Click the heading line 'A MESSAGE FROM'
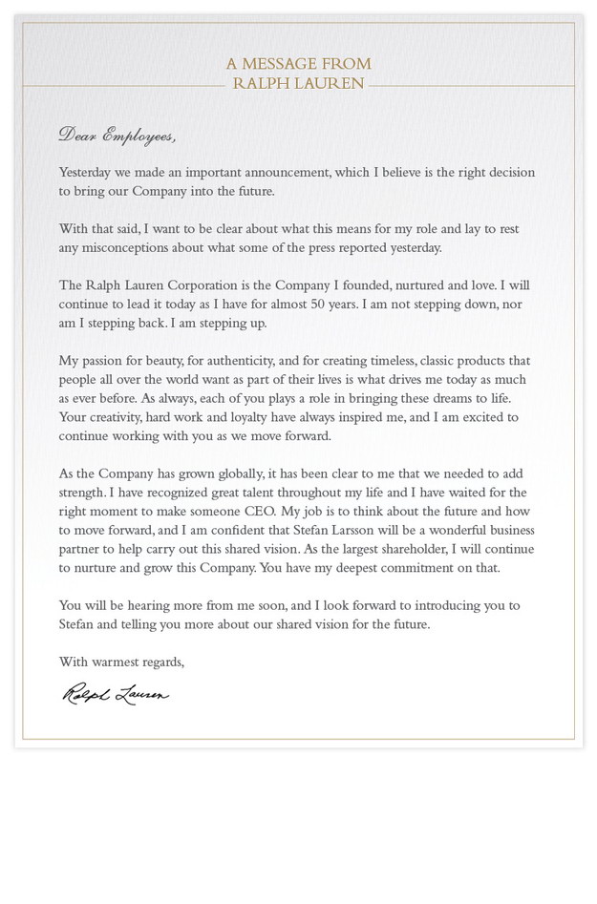pyautogui.click(x=298, y=64)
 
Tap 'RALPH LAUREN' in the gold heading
pyautogui.click(x=298, y=84)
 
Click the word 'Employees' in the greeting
pyautogui.click(x=139, y=136)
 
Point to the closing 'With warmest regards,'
pyautogui.click(x=121, y=662)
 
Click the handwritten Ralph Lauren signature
pyautogui.click(x=116, y=695)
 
